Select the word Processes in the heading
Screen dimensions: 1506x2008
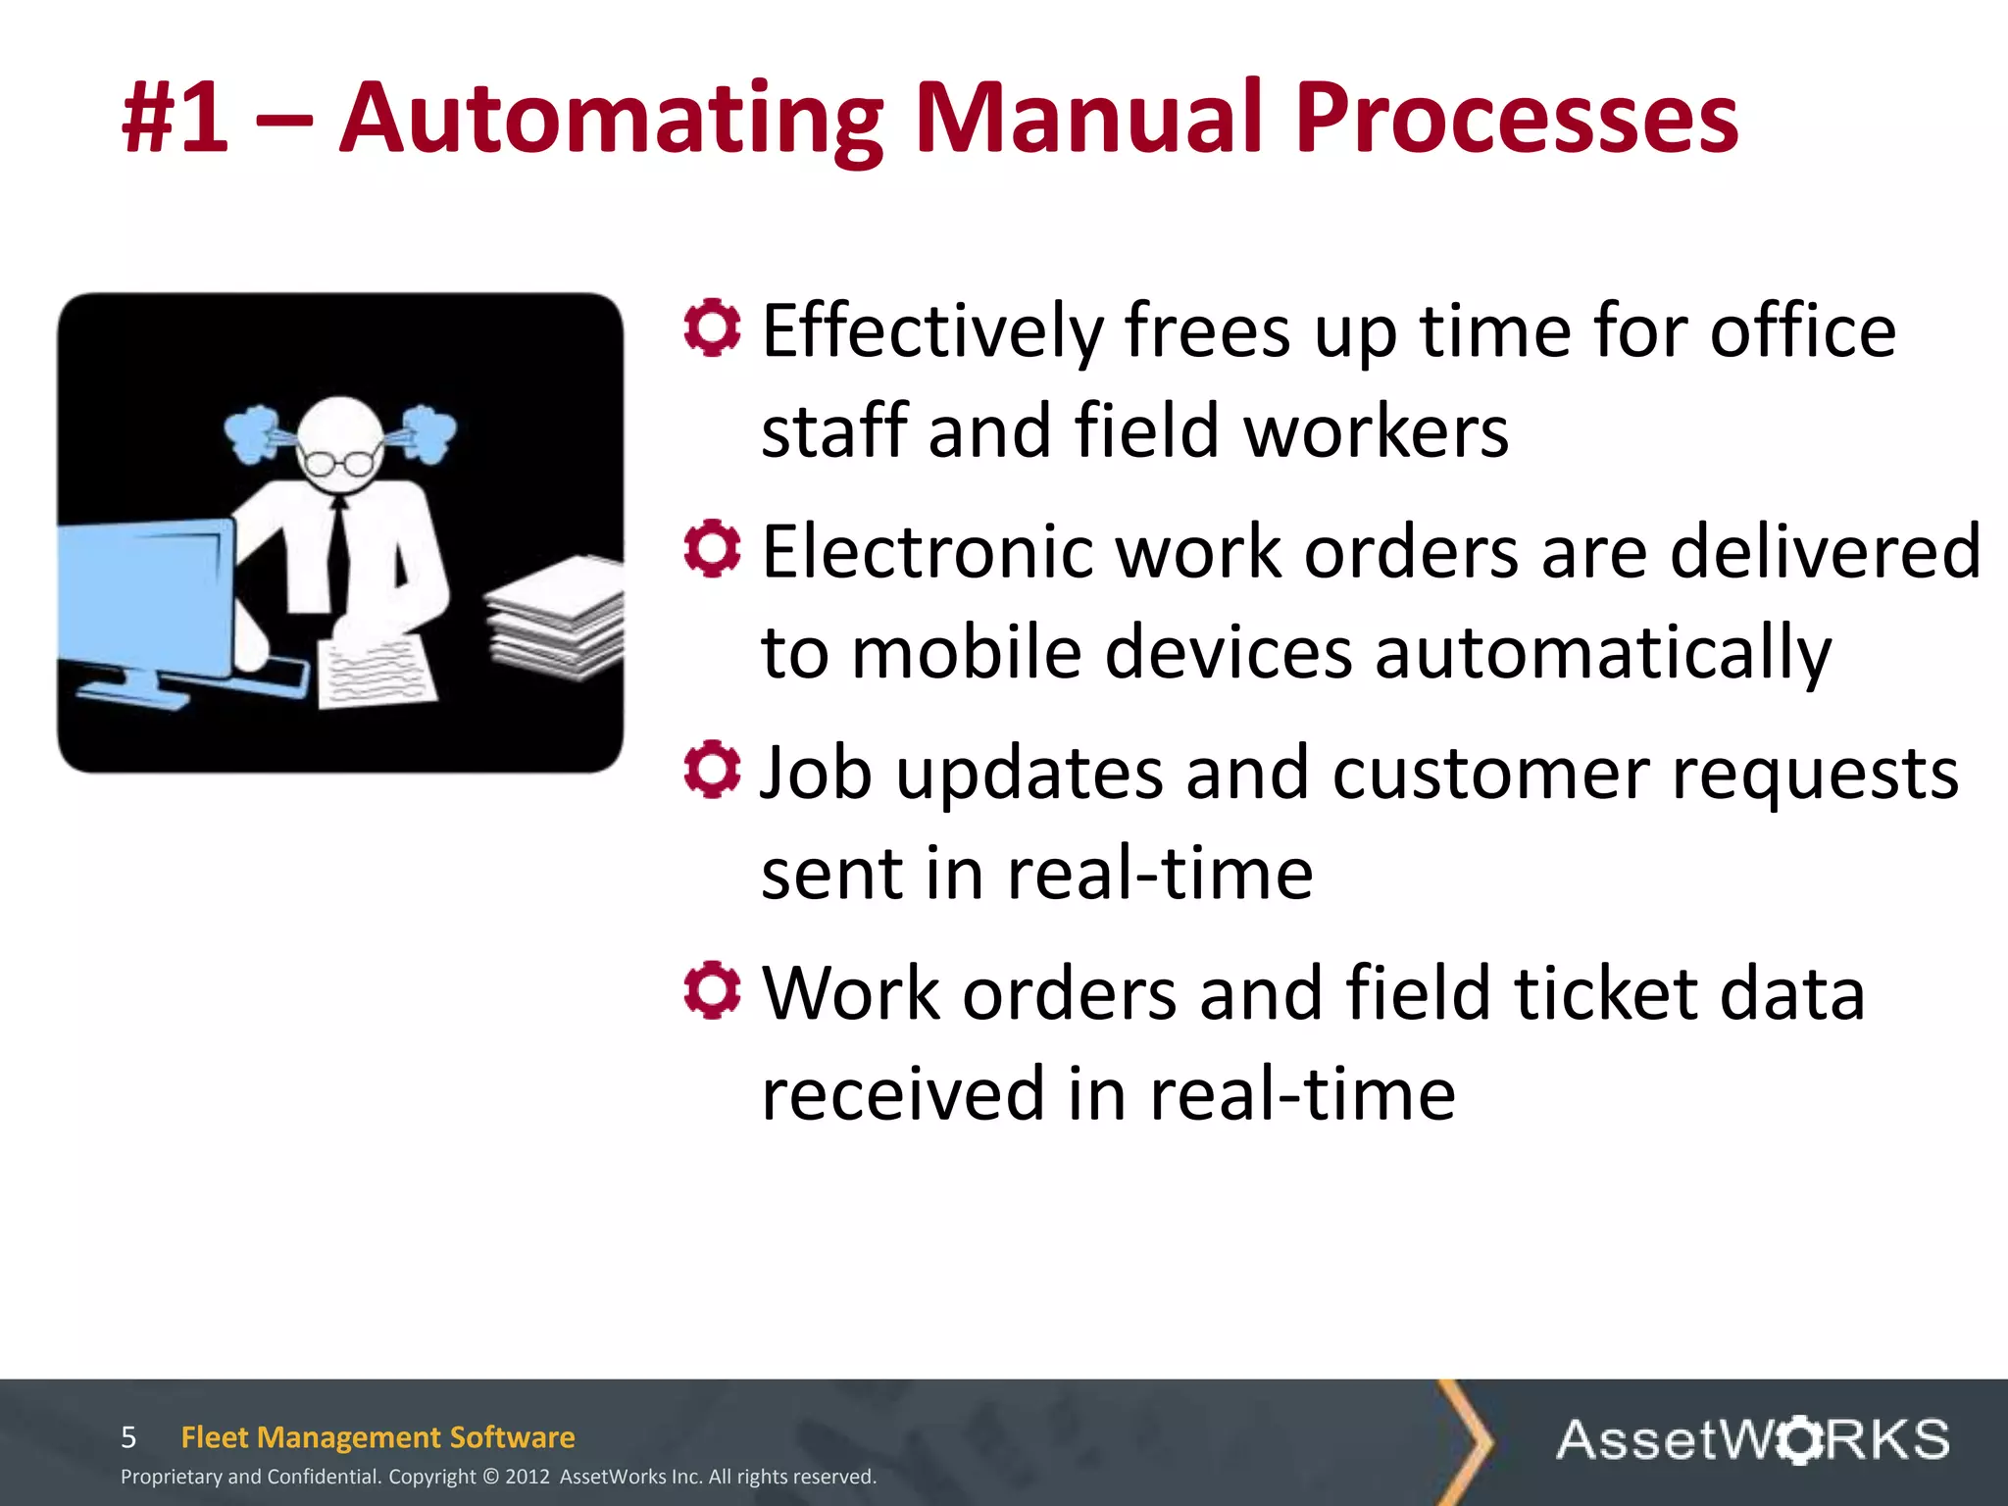pos(1516,120)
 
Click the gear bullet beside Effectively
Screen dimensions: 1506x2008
pos(712,327)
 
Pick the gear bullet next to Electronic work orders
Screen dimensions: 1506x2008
pos(712,549)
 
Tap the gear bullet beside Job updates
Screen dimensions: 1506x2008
pos(712,770)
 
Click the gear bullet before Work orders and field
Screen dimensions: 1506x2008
pos(712,990)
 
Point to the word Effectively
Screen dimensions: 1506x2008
pos(931,333)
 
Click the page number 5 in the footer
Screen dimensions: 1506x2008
pos(128,1437)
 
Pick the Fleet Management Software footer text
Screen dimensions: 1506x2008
pos(377,1437)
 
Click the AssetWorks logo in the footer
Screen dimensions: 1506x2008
pos(1752,1439)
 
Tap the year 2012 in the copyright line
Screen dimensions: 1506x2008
pos(527,1477)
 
